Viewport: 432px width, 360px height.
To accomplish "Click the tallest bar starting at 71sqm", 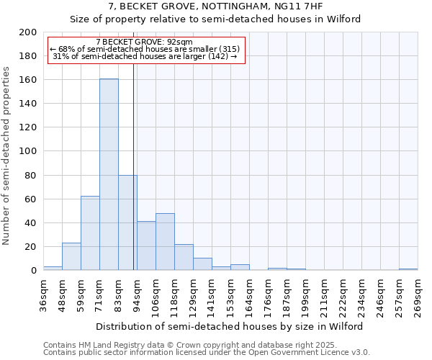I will [109, 174].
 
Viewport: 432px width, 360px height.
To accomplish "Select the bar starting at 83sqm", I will [127, 222].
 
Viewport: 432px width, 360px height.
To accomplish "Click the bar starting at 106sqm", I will [165, 242].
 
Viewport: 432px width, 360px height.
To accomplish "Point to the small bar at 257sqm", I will [408, 269].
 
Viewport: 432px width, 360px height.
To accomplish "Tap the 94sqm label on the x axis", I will [137, 294].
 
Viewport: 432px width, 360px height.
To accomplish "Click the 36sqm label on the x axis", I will [43, 294].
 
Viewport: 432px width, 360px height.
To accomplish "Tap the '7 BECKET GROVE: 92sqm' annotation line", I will [144, 42].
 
